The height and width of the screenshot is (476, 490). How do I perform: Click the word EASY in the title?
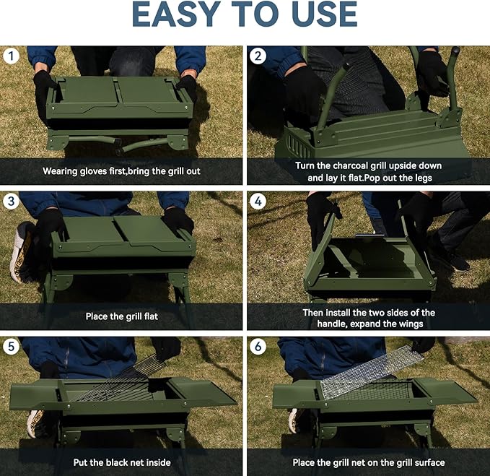pyautogui.click(x=183, y=16)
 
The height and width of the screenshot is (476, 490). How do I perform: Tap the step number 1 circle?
pyautogui.click(x=11, y=56)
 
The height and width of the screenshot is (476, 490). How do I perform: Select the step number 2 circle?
pyautogui.click(x=258, y=56)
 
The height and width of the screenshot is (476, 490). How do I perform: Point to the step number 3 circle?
pyautogui.click(x=11, y=202)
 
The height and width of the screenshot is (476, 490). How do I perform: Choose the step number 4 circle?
pyautogui.click(x=258, y=202)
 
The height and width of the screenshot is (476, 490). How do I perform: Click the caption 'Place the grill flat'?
pyautogui.click(x=121, y=316)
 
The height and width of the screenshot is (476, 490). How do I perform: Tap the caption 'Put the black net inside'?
pyautogui.click(x=121, y=462)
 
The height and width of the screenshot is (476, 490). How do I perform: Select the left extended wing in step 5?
pyautogui.click(x=35, y=393)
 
